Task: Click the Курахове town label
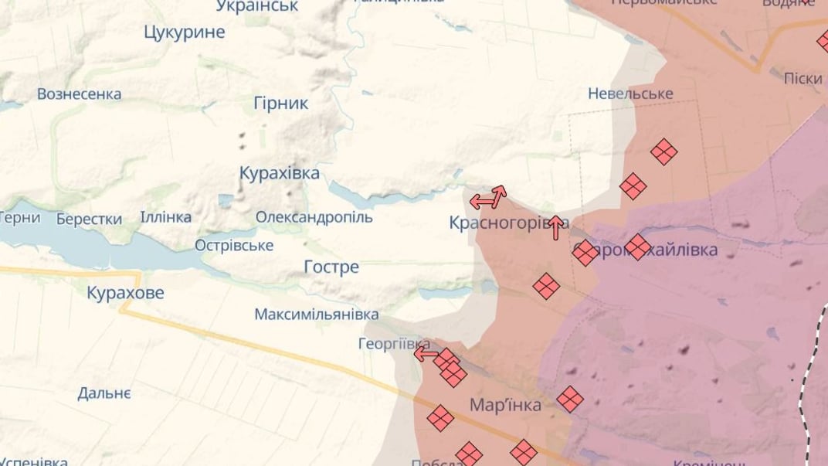point(125,293)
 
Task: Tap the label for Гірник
point(280,103)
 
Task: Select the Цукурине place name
point(185,32)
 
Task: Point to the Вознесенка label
point(79,94)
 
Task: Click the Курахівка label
point(279,173)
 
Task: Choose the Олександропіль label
point(314,217)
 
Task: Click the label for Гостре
point(331,267)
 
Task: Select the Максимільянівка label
point(317,315)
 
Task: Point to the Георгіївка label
point(394,344)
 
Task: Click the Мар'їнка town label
point(505,405)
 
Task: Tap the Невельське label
point(630,94)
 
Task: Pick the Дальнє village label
point(104,393)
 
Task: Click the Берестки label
point(89,219)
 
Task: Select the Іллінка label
point(165,217)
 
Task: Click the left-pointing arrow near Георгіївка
point(425,354)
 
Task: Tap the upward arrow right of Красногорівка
point(555,227)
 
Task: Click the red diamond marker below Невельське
point(663,151)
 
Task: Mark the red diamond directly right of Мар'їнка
point(570,399)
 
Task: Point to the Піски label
point(803,79)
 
